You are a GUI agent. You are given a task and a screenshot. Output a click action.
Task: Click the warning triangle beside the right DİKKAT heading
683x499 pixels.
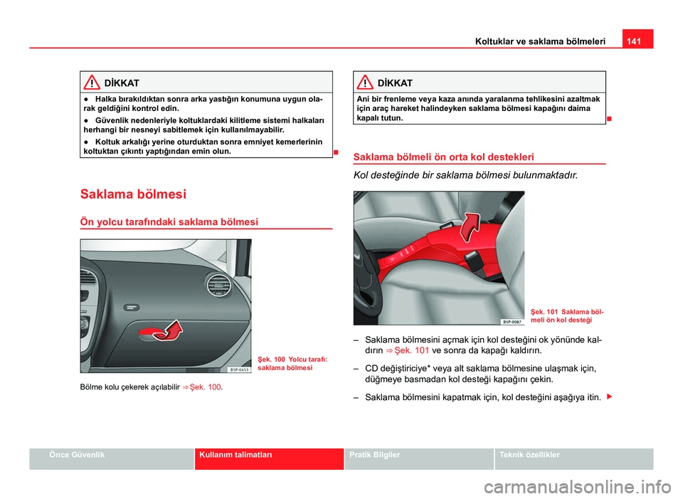(x=364, y=83)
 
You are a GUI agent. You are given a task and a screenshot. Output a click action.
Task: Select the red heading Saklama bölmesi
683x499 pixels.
(x=134, y=194)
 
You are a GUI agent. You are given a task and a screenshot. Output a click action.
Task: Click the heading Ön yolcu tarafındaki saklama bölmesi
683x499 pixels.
(x=169, y=222)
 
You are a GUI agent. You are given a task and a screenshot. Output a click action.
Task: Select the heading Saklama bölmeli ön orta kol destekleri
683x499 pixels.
(x=444, y=157)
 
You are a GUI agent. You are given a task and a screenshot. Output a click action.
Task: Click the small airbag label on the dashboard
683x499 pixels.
(x=130, y=306)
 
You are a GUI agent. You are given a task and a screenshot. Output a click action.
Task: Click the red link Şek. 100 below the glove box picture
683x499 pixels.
(x=206, y=387)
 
